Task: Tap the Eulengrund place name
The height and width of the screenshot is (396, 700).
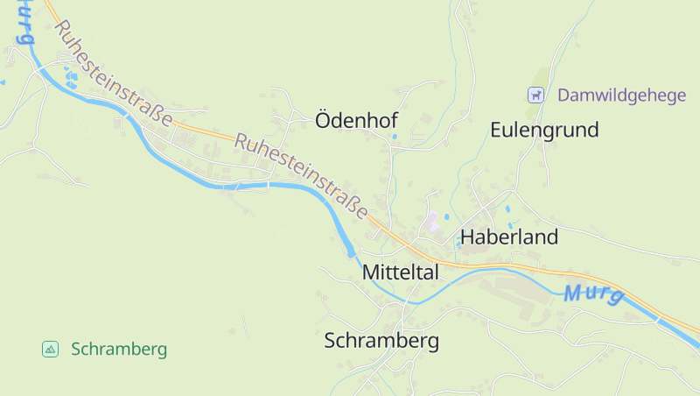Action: pos(544,131)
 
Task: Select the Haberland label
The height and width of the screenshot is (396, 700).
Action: pos(508,237)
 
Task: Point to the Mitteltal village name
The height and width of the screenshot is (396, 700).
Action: pos(400,272)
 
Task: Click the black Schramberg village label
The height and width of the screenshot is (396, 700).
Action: pos(381,341)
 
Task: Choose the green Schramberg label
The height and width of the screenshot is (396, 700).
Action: pos(119,350)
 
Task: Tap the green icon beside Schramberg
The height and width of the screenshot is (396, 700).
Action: pos(51,350)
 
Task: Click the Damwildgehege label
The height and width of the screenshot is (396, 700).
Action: pos(622,95)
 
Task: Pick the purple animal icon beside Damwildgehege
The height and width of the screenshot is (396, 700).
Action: pos(535,95)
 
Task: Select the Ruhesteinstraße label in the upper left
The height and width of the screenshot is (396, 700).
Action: pos(112,74)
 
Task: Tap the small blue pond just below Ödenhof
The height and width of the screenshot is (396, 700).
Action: pos(395,137)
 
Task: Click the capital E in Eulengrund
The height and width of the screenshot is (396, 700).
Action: pos(497,131)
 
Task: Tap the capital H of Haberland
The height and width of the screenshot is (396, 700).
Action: pos(467,237)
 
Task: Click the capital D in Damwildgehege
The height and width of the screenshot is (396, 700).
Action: pos(563,95)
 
